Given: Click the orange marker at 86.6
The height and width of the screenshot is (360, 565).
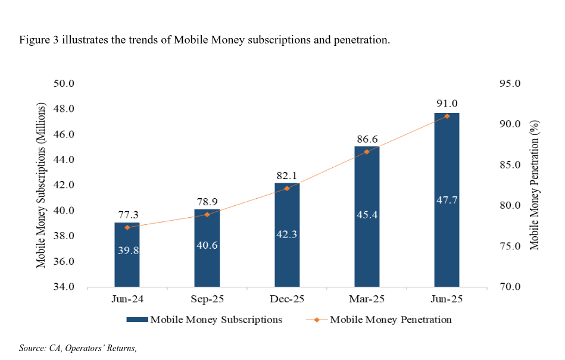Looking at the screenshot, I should pyautogui.click(x=367, y=152).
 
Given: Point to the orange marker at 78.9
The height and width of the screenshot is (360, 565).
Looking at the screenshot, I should pyautogui.click(x=207, y=214).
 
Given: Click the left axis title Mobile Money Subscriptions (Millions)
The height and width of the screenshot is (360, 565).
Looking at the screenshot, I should pyautogui.click(x=41, y=185).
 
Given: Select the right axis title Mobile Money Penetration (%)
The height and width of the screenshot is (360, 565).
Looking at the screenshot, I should pyautogui.click(x=534, y=185).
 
